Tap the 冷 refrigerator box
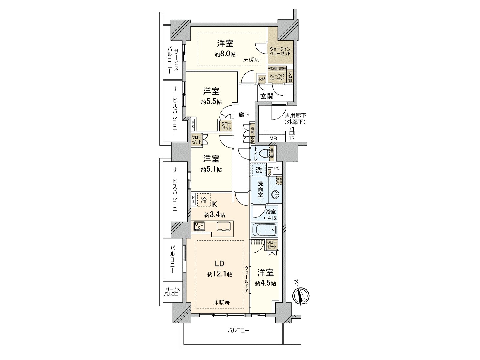(204, 200)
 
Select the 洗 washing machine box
(259, 170)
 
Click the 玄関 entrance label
(267, 96)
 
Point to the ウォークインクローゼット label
(280, 51)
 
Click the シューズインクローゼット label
(277, 77)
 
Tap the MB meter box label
(273, 138)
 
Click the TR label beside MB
(292, 138)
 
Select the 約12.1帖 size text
(220, 274)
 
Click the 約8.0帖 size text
(225, 54)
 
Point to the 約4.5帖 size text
(265, 283)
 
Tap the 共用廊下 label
(295, 115)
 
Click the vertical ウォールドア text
(246, 279)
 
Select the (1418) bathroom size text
(271, 218)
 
